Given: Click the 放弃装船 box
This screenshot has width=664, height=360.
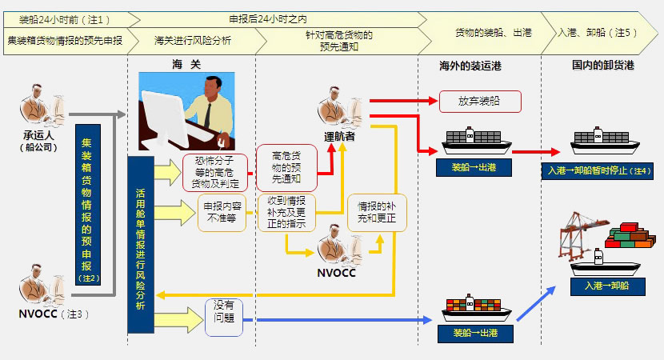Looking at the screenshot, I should pyautogui.click(x=480, y=102).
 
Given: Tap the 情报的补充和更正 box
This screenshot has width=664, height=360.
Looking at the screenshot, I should pyautogui.click(x=375, y=211).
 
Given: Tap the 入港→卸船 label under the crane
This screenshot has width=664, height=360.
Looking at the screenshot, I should pyautogui.click(x=606, y=285).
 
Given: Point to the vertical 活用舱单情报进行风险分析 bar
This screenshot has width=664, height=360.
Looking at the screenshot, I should pyautogui.click(x=140, y=244).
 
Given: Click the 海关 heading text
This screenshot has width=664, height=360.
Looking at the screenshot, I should pyautogui.click(x=186, y=63).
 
